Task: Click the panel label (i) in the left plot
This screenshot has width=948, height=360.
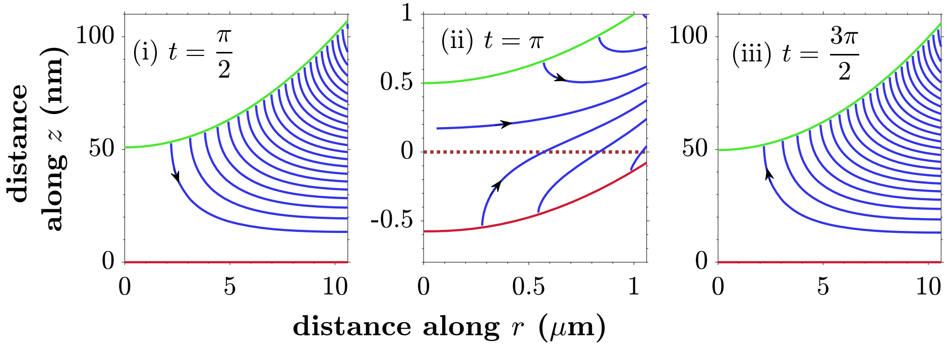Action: point(145,52)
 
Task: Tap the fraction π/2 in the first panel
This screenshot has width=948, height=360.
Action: point(224,53)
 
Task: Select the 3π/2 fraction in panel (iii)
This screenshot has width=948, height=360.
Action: point(844,53)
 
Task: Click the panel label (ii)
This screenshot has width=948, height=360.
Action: point(457,41)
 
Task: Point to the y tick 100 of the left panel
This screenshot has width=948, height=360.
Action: point(95,36)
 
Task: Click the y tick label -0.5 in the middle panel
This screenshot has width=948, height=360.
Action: point(391,220)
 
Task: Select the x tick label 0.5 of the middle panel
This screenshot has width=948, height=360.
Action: point(528,287)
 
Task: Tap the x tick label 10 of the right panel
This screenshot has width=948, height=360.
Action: point(928,287)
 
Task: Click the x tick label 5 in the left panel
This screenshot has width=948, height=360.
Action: point(229,287)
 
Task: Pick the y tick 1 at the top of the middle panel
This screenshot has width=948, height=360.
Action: point(406,12)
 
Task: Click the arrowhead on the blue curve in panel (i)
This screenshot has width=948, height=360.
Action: point(176,176)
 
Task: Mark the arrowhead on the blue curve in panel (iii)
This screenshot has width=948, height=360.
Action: point(768,174)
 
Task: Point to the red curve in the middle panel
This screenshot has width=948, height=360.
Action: point(555,207)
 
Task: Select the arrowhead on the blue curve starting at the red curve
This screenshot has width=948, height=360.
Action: point(497,186)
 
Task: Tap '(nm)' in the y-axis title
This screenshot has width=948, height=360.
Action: point(53,81)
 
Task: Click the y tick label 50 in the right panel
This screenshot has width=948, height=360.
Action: point(695,149)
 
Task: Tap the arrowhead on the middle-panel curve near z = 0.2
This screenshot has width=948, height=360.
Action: point(506,124)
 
